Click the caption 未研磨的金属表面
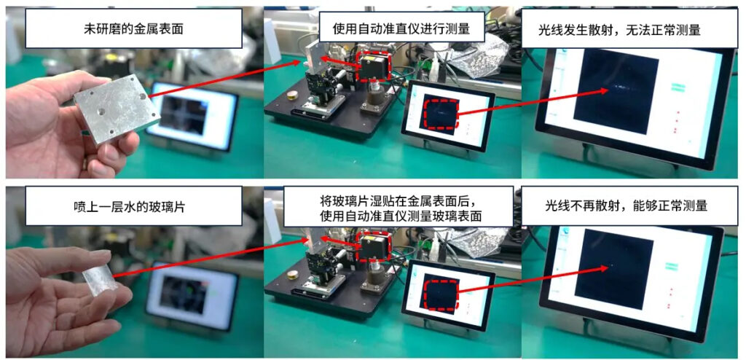(133, 28)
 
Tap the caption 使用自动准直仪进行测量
(401, 28)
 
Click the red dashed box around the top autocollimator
(374, 66)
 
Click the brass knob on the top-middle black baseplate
(292, 95)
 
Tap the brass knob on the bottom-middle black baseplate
(291, 275)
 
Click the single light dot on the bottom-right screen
(611, 265)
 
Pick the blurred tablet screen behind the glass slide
(192, 296)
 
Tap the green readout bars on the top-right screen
(677, 87)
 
